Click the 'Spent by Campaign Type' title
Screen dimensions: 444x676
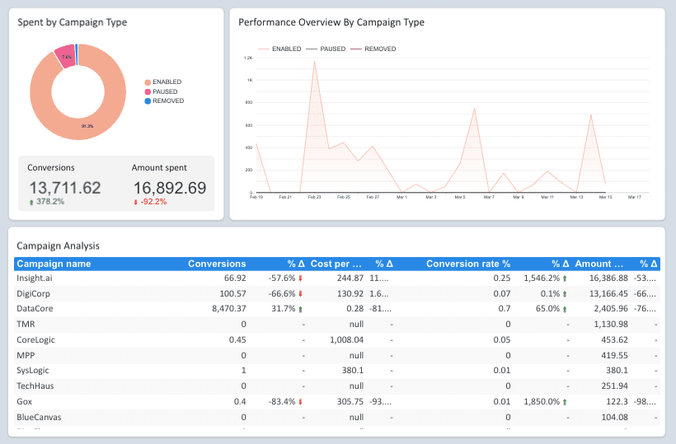click(x=73, y=22)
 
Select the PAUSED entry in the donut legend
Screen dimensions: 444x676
click(x=166, y=91)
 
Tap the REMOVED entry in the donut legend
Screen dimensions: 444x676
click(x=167, y=100)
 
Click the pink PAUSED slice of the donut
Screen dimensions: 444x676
click(x=64, y=57)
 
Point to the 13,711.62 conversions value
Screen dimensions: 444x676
click(x=65, y=188)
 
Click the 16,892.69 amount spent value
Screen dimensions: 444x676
click(x=169, y=188)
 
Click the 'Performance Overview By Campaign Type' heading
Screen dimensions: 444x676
click(x=331, y=22)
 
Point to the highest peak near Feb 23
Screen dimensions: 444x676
click(x=314, y=61)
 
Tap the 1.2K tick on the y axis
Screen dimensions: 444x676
click(x=247, y=58)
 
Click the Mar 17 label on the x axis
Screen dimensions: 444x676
click(x=635, y=197)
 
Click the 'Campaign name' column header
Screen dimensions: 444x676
click(x=54, y=264)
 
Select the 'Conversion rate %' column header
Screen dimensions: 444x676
click(x=467, y=264)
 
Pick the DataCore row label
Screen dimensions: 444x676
click(x=35, y=309)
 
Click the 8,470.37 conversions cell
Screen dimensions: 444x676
click(x=223, y=309)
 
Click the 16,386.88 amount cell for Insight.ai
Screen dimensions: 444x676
click(x=603, y=279)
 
